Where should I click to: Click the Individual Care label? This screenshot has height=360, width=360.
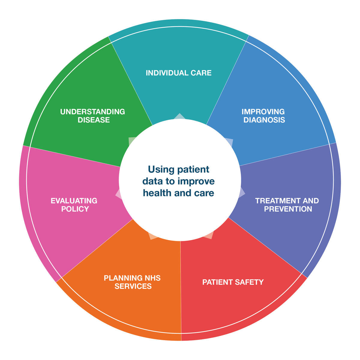point(178,73)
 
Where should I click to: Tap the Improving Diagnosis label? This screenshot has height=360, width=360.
point(263,116)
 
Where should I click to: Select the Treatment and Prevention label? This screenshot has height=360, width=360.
point(287,205)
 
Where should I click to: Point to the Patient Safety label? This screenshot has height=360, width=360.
point(233,282)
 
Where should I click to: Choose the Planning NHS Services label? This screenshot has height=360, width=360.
point(132,282)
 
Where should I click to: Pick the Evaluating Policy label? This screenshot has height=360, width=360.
point(74,205)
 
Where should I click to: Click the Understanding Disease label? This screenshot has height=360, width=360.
point(93,116)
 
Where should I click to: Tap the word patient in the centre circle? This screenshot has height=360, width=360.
point(193,169)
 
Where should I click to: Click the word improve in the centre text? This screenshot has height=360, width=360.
point(196,181)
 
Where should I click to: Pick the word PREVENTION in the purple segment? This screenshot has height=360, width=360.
point(288,209)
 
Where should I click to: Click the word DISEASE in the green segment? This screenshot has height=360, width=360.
point(94,120)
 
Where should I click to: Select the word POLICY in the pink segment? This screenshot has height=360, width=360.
point(75,209)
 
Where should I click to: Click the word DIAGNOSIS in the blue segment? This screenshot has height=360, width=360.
point(264,120)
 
